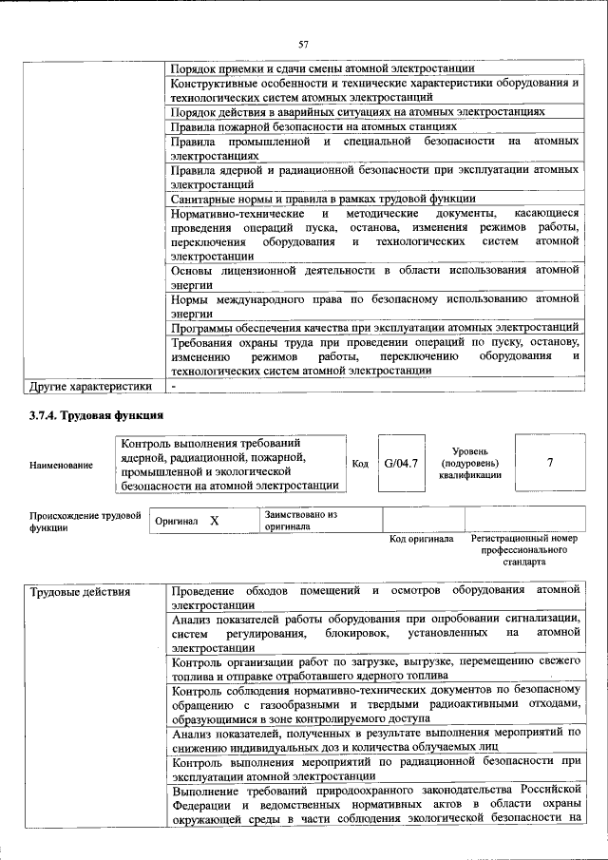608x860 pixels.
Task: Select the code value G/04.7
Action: coord(397,463)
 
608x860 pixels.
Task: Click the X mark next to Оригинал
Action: coord(215,522)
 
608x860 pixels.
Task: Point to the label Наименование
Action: coord(62,465)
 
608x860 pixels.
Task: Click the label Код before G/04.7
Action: coord(360,464)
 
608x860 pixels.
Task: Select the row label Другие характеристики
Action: coord(90,387)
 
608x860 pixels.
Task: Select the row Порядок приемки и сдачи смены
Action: coord(322,68)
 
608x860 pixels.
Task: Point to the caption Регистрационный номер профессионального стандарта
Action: coord(523,550)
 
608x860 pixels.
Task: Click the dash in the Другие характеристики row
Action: coord(174,387)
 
